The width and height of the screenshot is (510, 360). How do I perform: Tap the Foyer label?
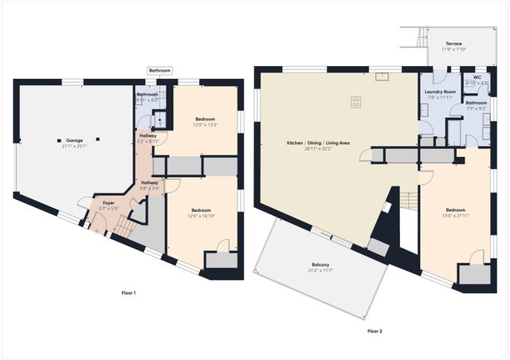click(108, 203)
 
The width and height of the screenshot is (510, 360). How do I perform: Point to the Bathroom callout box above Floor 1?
click(159, 71)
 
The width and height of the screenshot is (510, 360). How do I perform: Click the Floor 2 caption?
click(375, 330)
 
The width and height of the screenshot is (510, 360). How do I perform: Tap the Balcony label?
click(321, 265)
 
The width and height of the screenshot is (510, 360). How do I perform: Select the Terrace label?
click(453, 44)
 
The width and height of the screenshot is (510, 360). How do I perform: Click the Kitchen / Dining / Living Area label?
click(319, 143)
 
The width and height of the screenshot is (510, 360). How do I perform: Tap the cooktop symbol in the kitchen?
click(355, 101)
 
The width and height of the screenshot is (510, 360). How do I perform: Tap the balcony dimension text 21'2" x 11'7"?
click(321, 271)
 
